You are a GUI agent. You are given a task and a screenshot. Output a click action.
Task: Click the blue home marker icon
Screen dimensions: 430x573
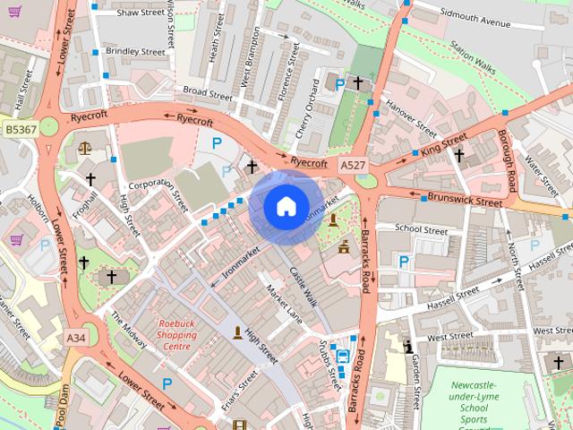(x=285, y=206)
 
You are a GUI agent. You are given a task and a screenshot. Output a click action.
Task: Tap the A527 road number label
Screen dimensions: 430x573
(x=352, y=165)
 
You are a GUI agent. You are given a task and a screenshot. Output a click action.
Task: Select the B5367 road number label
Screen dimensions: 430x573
(x=20, y=130)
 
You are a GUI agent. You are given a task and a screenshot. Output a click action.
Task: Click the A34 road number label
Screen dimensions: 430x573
(x=76, y=338)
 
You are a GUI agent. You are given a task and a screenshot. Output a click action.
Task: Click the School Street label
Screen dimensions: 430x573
(x=421, y=230)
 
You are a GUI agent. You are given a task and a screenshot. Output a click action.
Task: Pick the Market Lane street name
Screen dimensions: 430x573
(x=284, y=304)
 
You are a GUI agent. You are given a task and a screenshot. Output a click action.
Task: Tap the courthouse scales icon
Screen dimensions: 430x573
(x=84, y=148)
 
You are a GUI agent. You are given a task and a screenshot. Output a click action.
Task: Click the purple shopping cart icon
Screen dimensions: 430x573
(x=15, y=239)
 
